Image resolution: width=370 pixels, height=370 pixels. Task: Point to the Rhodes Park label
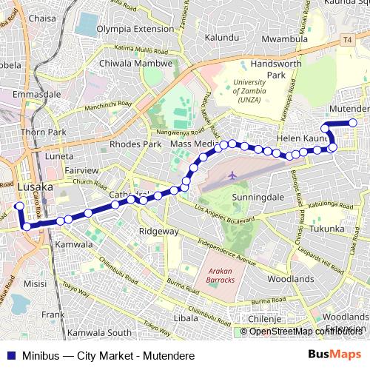135,144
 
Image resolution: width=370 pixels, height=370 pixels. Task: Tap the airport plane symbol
233,175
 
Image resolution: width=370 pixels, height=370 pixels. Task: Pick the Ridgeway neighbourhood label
159,232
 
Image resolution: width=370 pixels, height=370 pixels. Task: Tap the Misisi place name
35,283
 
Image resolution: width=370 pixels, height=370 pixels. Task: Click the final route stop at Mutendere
353,123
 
